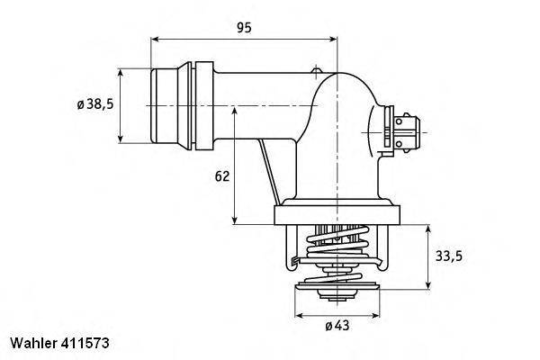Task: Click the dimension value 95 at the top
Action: pyautogui.click(x=244, y=28)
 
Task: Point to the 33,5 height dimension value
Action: pyautogui.click(x=450, y=256)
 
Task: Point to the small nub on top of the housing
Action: pyautogui.click(x=315, y=71)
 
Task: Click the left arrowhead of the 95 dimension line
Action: pyautogui.click(x=155, y=40)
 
